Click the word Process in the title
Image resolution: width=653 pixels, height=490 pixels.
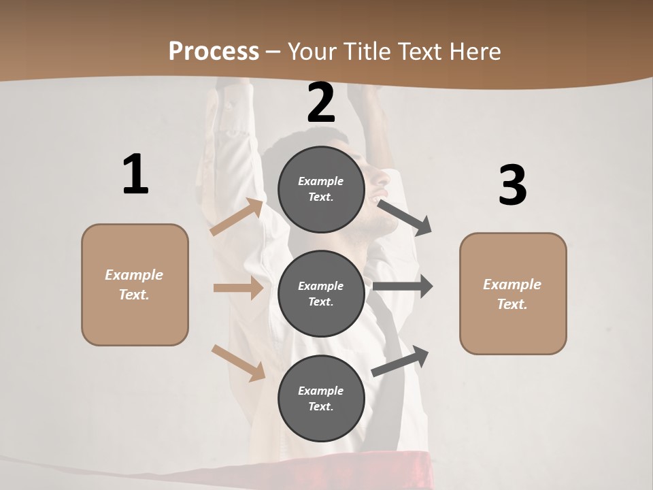[214, 52]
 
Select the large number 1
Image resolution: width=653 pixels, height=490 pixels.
[135, 175]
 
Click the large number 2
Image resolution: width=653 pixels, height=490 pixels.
[321, 103]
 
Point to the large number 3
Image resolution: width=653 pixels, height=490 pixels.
[512, 186]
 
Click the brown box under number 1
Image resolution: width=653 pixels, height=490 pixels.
[135, 284]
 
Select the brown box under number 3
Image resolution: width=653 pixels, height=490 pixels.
[513, 293]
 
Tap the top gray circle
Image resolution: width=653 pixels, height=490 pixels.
[321, 189]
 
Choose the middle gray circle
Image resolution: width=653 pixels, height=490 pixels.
[321, 293]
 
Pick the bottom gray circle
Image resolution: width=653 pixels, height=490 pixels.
[321, 398]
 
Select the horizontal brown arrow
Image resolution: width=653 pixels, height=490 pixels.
[238, 288]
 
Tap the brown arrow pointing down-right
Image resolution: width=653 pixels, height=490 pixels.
[239, 362]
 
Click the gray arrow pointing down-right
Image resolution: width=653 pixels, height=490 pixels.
[404, 217]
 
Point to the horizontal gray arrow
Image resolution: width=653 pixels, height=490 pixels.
[403, 287]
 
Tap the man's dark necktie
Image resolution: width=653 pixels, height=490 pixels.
[390, 327]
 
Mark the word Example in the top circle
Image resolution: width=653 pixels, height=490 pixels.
[321, 182]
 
